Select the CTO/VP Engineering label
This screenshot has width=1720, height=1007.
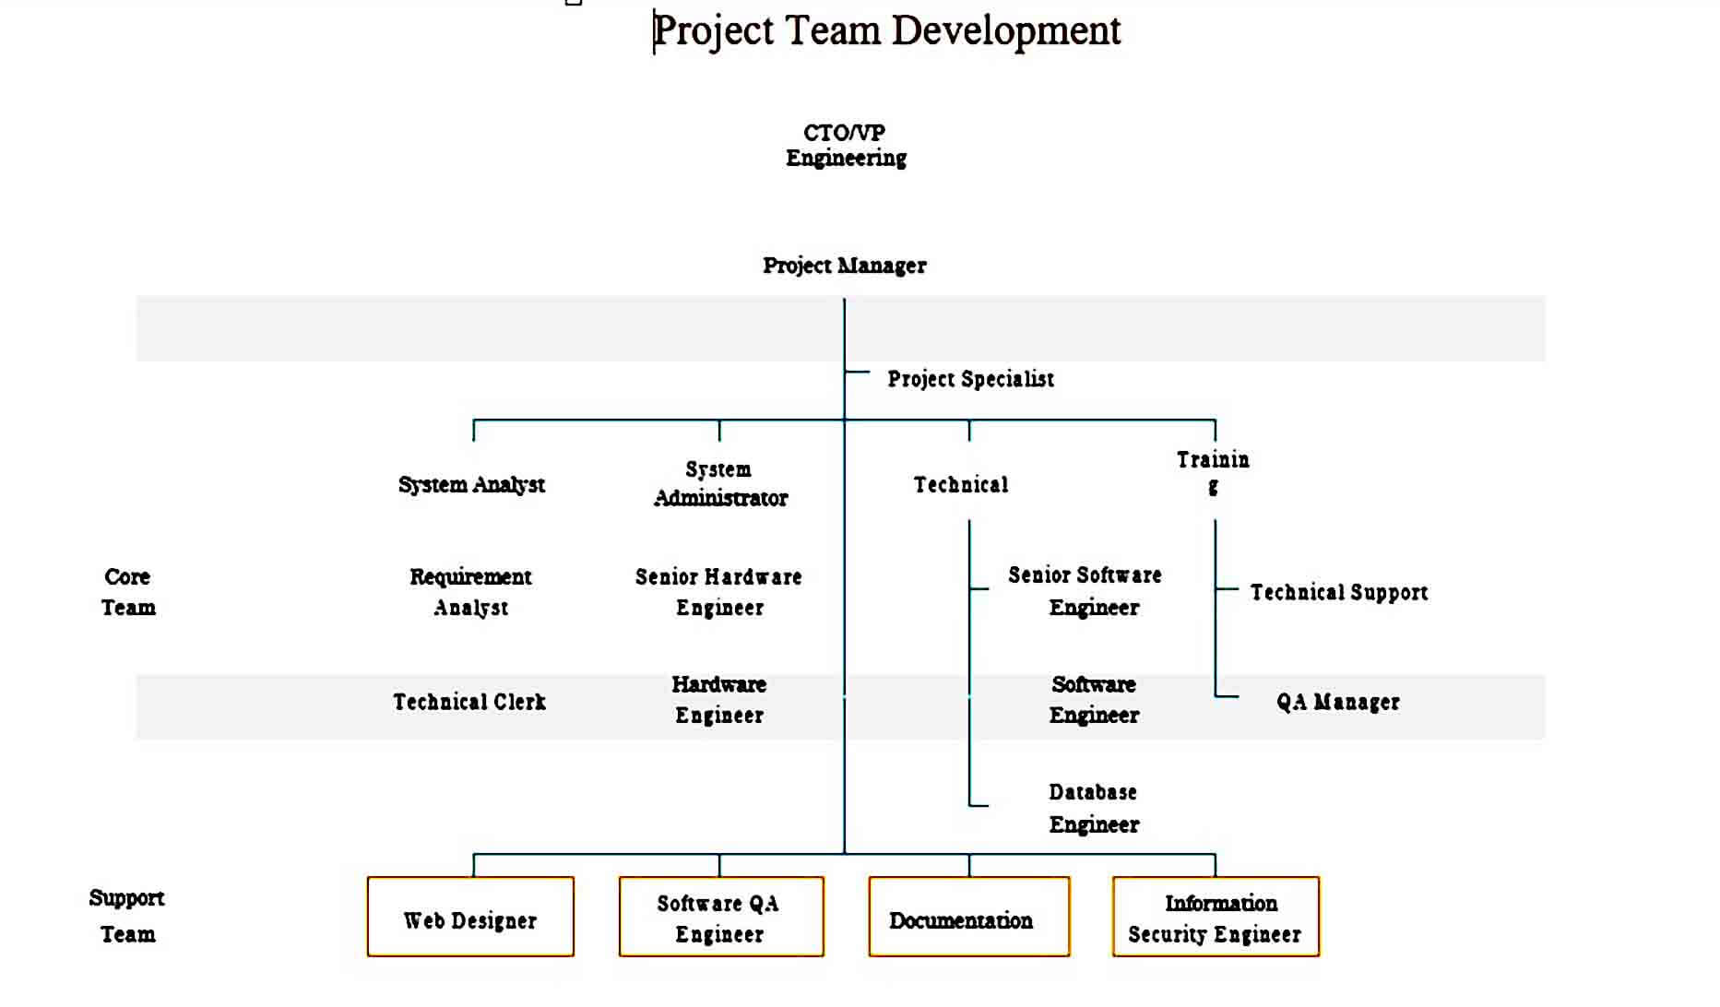coord(846,146)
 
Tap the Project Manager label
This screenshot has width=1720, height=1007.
coord(844,266)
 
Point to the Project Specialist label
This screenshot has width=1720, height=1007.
coord(970,379)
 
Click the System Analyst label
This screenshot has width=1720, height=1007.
coord(471,485)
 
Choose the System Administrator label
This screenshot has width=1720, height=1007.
coord(720,484)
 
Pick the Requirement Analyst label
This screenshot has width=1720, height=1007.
coord(470,592)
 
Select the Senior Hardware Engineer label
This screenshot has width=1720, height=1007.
coord(718,592)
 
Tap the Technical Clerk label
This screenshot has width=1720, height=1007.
coord(469,702)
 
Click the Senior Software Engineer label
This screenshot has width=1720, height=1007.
coord(1085,591)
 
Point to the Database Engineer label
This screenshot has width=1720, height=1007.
coord(1094,808)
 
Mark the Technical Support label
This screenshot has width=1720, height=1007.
coord(1339,592)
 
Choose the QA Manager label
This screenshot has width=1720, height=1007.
coord(1338,702)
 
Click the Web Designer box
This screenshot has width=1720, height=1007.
coord(470,917)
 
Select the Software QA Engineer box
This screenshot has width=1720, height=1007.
coord(721,917)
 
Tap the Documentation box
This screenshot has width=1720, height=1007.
coord(969,917)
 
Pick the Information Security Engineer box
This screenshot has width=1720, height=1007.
coord(1216,917)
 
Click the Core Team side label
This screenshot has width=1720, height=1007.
coord(128,592)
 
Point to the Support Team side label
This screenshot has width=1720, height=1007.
coord(127,916)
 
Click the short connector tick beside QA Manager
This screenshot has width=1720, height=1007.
coord(1227,696)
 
